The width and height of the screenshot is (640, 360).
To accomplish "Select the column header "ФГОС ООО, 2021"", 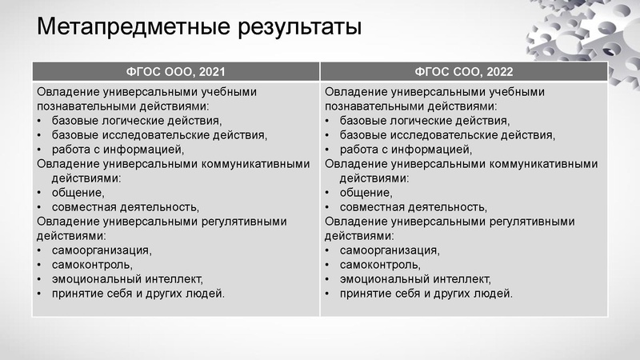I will pos(175,70).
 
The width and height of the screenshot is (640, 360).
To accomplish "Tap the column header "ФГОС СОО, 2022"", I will pos(463,70).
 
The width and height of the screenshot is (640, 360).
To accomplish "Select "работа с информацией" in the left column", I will pos(118,149).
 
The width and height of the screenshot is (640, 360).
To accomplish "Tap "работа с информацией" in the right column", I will pos(406,149).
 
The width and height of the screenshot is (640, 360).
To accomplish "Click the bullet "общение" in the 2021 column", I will pos(78,192).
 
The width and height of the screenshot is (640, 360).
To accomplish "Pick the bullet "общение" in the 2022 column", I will pos(366,192).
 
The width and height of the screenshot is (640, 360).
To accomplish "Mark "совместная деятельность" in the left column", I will pos(124,206).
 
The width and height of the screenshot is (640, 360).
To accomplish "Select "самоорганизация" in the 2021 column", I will pos(101,250).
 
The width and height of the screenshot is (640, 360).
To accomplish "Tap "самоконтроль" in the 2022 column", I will pos(379,264).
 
